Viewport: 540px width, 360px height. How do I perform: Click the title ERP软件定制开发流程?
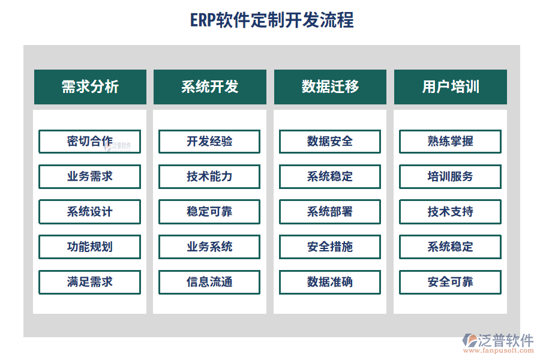272,20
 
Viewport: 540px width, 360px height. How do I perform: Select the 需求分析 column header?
90,87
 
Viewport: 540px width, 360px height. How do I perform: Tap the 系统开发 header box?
209,87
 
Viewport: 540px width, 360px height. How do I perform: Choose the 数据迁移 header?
330,87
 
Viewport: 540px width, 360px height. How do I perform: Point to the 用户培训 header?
450,87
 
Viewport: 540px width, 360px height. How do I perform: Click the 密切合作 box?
89,142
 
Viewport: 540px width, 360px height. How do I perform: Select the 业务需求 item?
89,176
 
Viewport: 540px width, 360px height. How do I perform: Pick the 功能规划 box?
89,247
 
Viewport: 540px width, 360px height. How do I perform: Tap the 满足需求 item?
89,282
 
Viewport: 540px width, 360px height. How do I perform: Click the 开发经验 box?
209,142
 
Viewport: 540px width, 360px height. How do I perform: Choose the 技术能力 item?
209,176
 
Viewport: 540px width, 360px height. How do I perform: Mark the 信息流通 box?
209,282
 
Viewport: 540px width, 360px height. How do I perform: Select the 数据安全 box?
329,142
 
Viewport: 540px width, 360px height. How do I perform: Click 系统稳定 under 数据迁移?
329,176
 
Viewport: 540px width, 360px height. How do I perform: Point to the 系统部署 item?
329,212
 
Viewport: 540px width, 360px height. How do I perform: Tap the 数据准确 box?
329,282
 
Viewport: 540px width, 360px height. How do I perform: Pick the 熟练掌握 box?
450,142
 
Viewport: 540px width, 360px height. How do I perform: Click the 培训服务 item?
450,176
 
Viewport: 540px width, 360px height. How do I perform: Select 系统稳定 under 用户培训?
450,247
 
